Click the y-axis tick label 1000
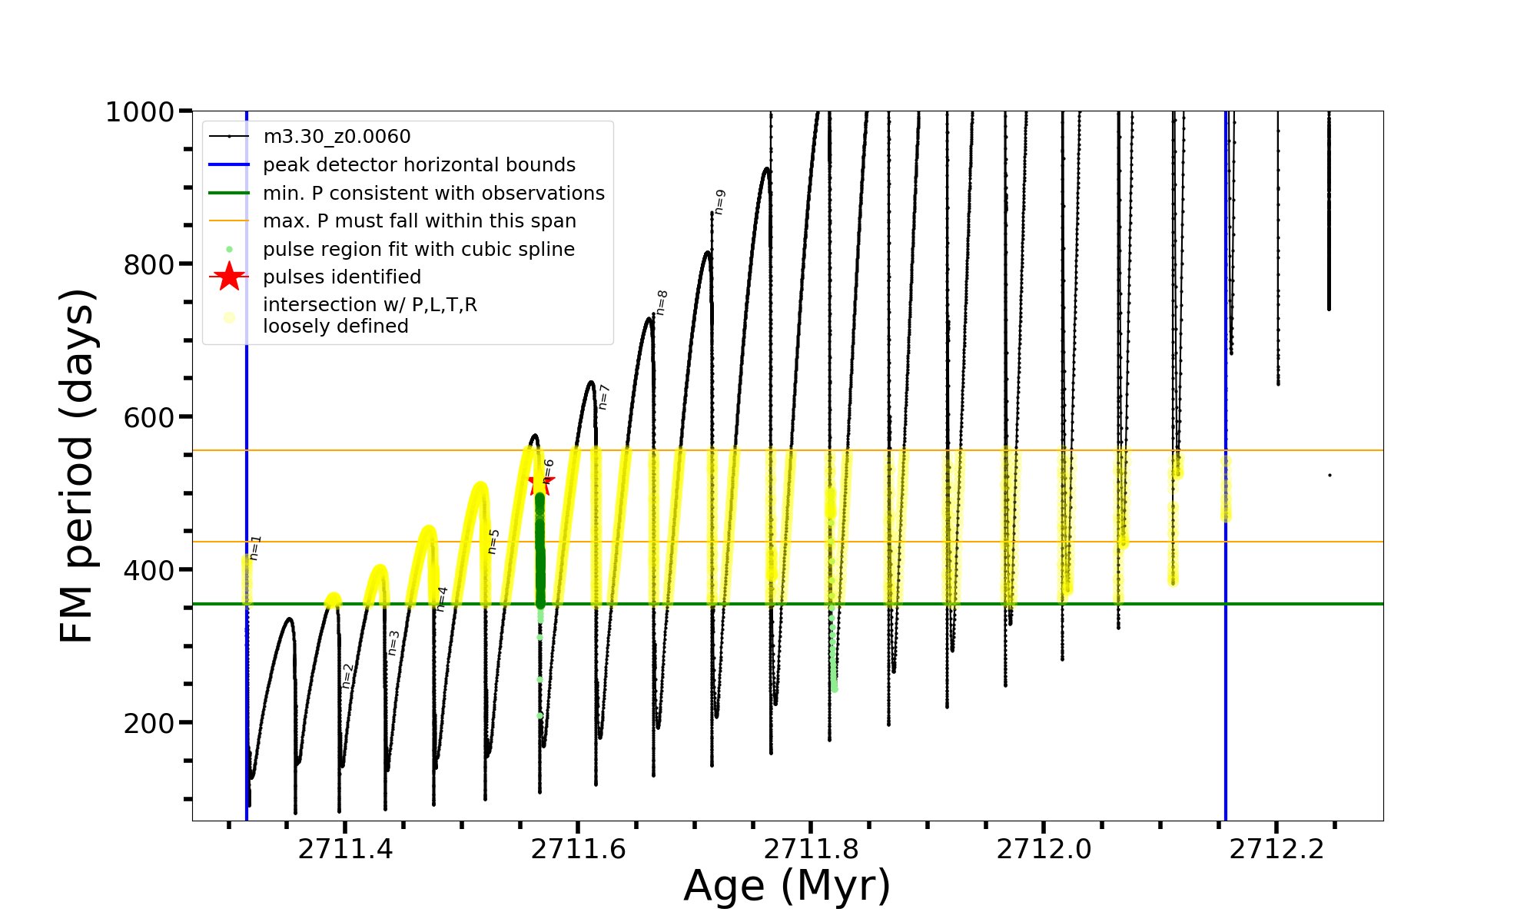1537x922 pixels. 139,112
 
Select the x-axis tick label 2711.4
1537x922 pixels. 346,849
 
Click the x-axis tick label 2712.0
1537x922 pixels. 1044,849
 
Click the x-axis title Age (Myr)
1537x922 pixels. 787,886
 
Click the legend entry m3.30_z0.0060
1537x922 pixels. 337,137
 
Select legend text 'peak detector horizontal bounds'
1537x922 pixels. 419,165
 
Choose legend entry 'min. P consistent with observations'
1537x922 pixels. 433,194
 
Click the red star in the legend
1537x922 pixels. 229,277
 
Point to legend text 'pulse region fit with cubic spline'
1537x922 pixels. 419,250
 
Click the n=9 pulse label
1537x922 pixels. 719,201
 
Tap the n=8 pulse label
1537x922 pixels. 662,302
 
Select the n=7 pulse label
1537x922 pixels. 603,396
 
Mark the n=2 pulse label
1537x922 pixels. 347,675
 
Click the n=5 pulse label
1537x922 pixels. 493,541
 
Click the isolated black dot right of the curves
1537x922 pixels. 1330,476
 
